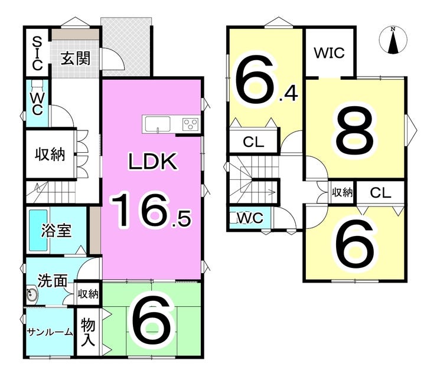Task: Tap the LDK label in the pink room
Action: tap(154, 162)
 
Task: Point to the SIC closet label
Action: tap(36, 53)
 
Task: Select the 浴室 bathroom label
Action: tap(57, 230)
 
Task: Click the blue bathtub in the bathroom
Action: tap(36, 230)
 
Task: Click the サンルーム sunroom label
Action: tap(49, 332)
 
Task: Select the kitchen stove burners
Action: tap(190, 124)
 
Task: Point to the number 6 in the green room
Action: tap(152, 322)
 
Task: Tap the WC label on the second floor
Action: tap(250, 218)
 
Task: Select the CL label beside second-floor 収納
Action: tap(381, 192)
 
